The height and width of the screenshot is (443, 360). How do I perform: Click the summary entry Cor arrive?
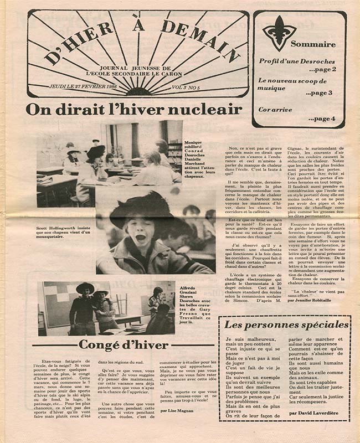click(x=275, y=110)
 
